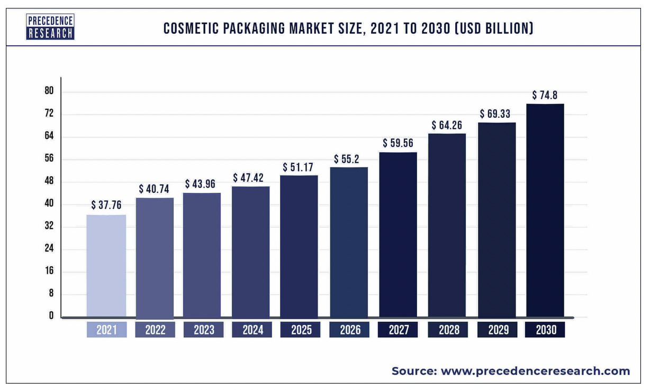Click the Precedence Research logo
click(x=50, y=27)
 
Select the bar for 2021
click(x=106, y=266)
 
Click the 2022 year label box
click(x=155, y=330)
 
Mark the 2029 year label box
click(x=496, y=330)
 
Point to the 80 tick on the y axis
click(x=50, y=92)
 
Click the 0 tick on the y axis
click(x=51, y=316)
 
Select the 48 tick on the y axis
click(x=50, y=182)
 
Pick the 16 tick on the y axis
click(x=50, y=272)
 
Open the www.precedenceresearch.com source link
click(x=535, y=371)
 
